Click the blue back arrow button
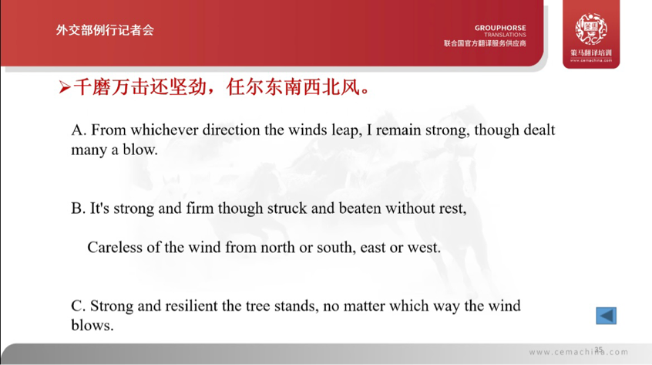tap(606, 316)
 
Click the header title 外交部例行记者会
tap(105, 30)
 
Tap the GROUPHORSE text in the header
tap(500, 26)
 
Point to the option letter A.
tap(76, 130)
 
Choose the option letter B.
tap(76, 208)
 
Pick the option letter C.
tap(76, 306)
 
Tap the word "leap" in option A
tap(344, 130)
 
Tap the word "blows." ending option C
tap(92, 325)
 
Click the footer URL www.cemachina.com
tap(578, 353)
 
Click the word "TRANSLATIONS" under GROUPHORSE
tap(506, 35)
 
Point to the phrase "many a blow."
tap(114, 150)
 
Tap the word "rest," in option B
tap(452, 208)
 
